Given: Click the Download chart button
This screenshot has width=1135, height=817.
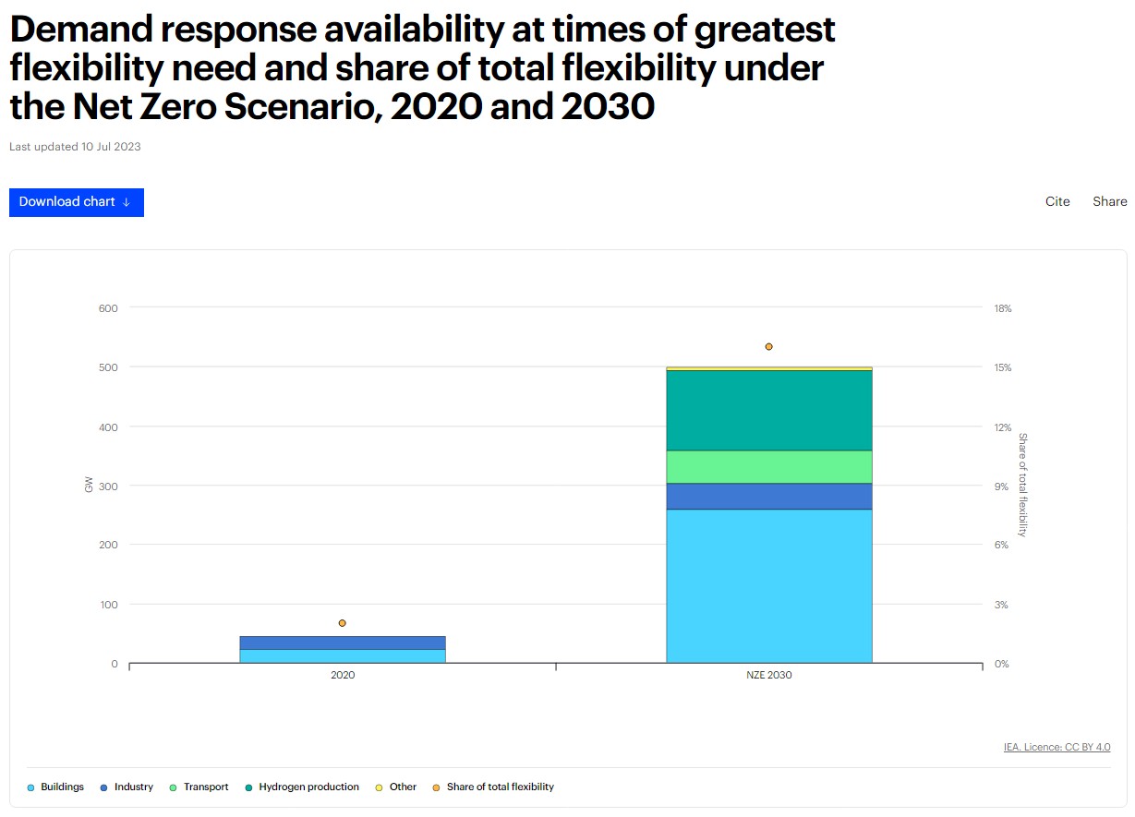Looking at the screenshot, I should click(x=76, y=202).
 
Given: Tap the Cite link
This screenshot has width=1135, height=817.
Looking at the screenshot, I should click(x=1057, y=201).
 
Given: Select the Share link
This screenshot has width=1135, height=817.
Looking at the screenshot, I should click(x=1109, y=201).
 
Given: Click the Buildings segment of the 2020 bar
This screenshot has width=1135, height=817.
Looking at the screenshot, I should click(x=342, y=655).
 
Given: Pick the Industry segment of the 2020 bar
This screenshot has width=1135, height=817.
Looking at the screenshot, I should click(x=342, y=643).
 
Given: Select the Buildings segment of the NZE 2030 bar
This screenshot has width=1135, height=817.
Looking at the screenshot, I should click(x=768, y=585).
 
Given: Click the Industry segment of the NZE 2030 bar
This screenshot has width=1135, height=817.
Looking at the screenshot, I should click(x=768, y=496).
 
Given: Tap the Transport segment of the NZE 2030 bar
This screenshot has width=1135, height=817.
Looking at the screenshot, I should click(x=768, y=466).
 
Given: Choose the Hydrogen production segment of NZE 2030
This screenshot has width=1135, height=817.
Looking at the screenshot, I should click(x=768, y=410).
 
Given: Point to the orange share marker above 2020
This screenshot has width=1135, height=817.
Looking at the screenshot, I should click(x=342, y=623).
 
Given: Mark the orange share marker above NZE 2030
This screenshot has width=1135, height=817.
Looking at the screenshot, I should click(x=768, y=346).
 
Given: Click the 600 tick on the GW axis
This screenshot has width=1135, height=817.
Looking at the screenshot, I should click(x=108, y=308).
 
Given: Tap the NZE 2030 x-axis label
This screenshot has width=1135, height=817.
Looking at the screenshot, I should click(x=768, y=675).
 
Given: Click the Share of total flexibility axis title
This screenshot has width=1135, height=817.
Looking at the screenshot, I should click(x=1022, y=484).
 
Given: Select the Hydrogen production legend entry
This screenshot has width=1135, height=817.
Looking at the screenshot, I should click(x=308, y=787).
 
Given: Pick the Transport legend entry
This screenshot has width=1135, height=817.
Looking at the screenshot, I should click(x=205, y=787).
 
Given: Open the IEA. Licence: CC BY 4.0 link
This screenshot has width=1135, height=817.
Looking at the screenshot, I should click(x=1057, y=747).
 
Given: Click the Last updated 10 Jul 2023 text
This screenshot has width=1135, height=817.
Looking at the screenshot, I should click(x=75, y=146).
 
